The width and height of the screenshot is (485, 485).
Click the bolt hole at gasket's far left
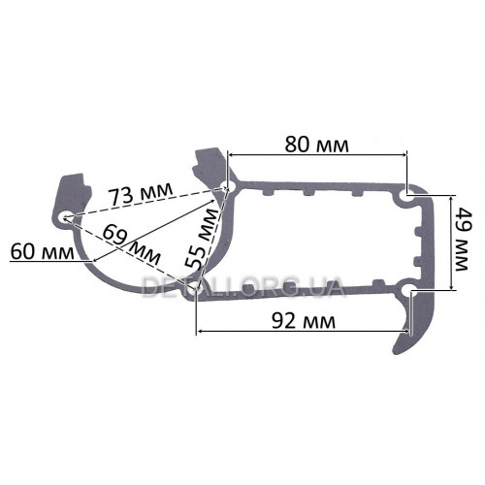[66, 217]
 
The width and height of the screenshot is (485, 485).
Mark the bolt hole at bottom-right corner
[404, 288]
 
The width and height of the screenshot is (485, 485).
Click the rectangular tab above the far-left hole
[70, 186]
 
